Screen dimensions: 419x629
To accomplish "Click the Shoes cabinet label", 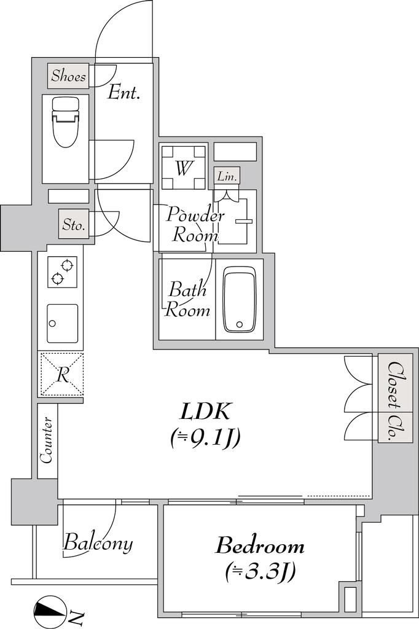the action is point(69,76).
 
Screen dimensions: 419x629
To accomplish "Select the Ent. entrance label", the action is point(123,93).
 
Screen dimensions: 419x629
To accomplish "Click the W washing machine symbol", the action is point(184,166).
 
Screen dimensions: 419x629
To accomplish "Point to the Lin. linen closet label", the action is point(227,176).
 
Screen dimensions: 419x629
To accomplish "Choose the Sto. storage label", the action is point(74,225).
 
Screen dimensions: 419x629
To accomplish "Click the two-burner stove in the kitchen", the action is point(63,272).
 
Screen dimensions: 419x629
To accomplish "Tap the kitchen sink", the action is point(63,323).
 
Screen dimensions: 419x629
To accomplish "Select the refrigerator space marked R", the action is point(61,375).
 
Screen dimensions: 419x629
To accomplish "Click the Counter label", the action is point(47,440).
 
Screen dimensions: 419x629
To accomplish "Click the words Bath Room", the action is point(188,299).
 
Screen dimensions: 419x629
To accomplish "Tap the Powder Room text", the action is point(195,225).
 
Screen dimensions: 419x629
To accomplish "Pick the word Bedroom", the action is point(260,546).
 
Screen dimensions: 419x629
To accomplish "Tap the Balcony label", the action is point(98,543).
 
